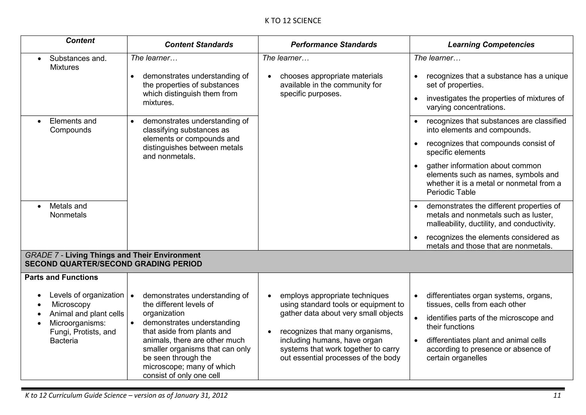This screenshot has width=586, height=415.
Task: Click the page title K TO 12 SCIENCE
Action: pyautogui.click(x=293, y=21)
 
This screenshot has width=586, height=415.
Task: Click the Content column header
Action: pyautogui.click(x=80, y=40)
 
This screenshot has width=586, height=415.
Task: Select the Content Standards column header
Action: pyautogui.click(x=199, y=44)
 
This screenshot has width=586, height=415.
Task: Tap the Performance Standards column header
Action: pyautogui.click(x=334, y=44)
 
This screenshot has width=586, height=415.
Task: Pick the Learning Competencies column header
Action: pyautogui.click(x=491, y=44)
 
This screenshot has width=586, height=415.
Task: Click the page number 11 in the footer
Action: pyautogui.click(x=557, y=396)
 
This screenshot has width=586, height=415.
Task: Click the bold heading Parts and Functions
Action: pyautogui.click(x=61, y=277)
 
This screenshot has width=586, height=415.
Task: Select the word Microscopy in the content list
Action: pyautogui.click(x=71, y=304)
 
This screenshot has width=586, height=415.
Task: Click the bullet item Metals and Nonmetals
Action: pyautogui.click(x=68, y=211)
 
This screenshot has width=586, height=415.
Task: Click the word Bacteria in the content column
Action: pyautogui.click(x=64, y=341)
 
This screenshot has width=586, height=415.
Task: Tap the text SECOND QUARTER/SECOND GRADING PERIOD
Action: pyautogui.click(x=113, y=264)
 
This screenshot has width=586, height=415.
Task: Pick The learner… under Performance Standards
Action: pyautogui.click(x=286, y=58)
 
